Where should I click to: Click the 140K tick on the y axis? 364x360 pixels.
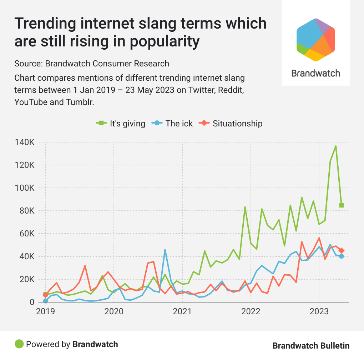click(x=24, y=142)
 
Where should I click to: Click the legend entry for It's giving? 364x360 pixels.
click(x=121, y=124)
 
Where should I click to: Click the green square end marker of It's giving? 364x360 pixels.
click(x=342, y=205)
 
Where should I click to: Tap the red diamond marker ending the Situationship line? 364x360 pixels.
click(x=342, y=251)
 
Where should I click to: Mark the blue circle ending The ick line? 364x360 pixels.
click(x=342, y=256)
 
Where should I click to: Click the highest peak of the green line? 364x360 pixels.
click(x=336, y=146)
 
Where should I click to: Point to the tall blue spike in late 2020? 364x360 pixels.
click(x=165, y=250)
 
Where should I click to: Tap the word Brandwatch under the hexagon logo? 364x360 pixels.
click(x=315, y=74)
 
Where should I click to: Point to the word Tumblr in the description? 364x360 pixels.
click(x=82, y=102)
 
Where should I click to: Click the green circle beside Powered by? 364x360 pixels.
click(x=19, y=344)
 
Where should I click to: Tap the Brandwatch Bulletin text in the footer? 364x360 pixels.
click(x=311, y=345)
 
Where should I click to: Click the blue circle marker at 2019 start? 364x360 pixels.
click(x=45, y=301)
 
